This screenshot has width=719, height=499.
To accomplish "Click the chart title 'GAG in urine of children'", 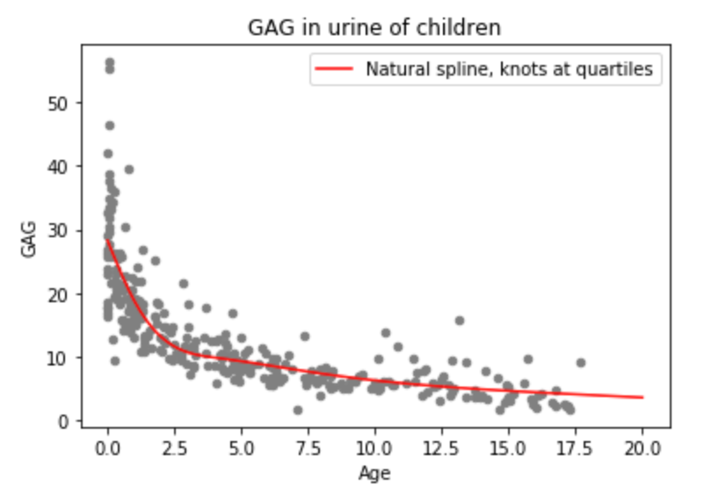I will (374, 27).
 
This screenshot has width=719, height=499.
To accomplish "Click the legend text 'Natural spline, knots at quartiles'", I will (509, 70).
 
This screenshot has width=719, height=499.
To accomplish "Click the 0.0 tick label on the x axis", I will (108, 448).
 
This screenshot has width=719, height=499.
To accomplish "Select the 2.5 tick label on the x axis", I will (175, 448).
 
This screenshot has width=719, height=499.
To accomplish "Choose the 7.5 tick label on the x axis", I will (309, 448).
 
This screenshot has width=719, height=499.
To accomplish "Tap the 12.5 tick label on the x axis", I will (441, 448).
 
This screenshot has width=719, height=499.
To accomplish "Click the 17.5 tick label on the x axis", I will (575, 448).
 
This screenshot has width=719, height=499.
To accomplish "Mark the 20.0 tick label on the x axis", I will (642, 448).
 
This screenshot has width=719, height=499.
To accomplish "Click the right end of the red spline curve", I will (643, 397).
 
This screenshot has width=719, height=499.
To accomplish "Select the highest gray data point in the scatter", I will (109, 62).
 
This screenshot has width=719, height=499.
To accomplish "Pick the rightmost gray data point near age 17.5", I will (580, 362).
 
